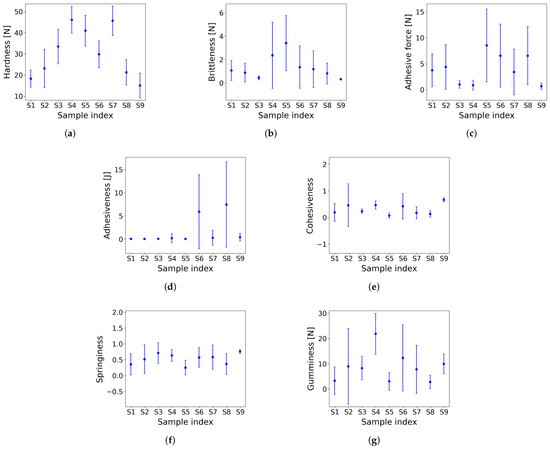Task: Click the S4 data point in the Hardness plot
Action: pyautogui.click(x=72, y=20)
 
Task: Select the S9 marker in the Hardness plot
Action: pyautogui.click(x=140, y=86)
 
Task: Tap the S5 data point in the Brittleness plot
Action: pyautogui.click(x=286, y=43)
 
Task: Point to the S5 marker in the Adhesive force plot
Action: pyautogui.click(x=487, y=45)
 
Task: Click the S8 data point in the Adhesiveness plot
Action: pyautogui.click(x=226, y=205)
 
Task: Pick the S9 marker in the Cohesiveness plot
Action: pyautogui.click(x=444, y=200)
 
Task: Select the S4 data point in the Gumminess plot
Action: pyautogui.click(x=375, y=334)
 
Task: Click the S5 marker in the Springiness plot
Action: pyautogui.click(x=185, y=368)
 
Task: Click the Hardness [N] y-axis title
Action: pyautogui.click(x=7, y=53)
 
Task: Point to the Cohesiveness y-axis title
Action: pyautogui.click(x=310, y=206)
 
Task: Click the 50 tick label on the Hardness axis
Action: pyautogui.click(x=19, y=12)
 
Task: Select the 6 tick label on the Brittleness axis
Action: pyautogui.click(x=221, y=13)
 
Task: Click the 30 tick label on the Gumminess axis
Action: pyautogui.click(x=322, y=314)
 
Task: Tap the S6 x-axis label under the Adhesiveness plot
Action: pyautogui.click(x=199, y=259)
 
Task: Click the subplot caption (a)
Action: pyautogui.click(x=70, y=134)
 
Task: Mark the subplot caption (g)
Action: pyautogui.click(x=374, y=441)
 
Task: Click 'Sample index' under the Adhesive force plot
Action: pyautogui.click(x=487, y=115)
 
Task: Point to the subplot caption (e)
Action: pyautogui.click(x=374, y=287)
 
